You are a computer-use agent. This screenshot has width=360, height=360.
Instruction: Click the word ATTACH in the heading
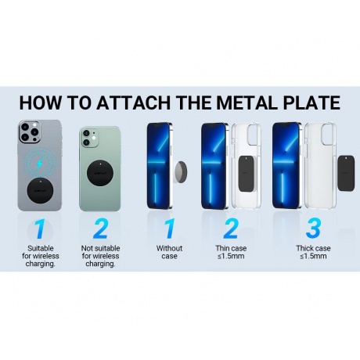click(134, 103)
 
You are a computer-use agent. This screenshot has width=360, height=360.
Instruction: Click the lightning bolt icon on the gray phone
click(39, 164)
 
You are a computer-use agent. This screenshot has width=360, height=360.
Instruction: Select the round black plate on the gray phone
click(40, 190)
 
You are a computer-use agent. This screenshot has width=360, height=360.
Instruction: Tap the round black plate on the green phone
click(100, 173)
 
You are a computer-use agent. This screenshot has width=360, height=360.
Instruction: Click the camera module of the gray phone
click(30, 132)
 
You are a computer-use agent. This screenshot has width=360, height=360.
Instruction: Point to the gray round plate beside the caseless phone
click(180, 173)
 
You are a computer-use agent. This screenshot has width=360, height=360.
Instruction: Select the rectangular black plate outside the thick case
click(347, 173)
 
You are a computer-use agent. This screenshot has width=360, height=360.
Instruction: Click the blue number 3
click(313, 229)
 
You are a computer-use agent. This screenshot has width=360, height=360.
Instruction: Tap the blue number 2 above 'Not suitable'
click(100, 229)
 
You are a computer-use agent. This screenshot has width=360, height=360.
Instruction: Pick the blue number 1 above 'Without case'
click(170, 229)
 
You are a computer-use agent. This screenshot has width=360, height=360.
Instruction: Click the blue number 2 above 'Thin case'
click(231, 229)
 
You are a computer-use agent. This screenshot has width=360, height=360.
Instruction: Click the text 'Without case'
click(169, 252)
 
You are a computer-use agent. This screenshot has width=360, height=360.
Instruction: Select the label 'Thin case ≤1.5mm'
click(231, 252)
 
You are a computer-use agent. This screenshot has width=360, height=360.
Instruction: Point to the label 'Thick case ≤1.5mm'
click(313, 252)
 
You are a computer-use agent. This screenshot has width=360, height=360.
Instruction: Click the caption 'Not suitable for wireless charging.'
click(100, 256)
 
